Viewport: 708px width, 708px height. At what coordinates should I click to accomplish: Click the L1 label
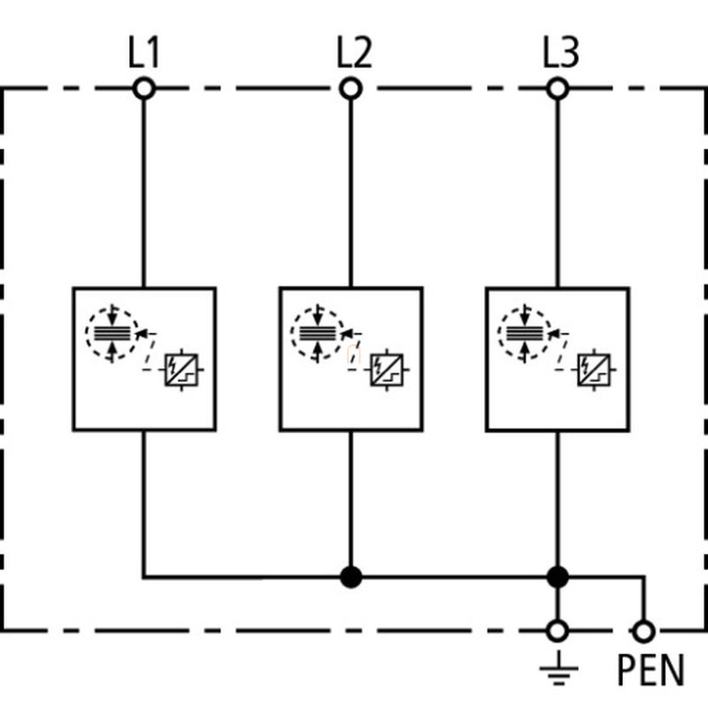click(143, 52)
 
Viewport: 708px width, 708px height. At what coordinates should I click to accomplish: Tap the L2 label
click(355, 52)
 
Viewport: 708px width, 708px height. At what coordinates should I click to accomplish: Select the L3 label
click(560, 52)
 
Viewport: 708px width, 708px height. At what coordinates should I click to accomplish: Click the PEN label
click(650, 671)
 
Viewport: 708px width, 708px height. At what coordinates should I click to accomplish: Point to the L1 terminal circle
click(144, 88)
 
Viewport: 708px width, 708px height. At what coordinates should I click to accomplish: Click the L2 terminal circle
click(350, 88)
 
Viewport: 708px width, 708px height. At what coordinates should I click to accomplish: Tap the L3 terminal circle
click(558, 88)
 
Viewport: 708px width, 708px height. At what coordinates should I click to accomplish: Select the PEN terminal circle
click(644, 631)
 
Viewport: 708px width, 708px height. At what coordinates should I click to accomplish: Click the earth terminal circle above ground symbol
click(558, 631)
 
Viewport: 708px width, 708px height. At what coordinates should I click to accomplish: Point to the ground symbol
click(558, 668)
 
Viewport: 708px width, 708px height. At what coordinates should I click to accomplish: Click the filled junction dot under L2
click(350, 577)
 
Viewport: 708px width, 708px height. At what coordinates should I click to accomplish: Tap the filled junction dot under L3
click(558, 577)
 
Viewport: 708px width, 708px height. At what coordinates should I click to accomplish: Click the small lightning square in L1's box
click(181, 370)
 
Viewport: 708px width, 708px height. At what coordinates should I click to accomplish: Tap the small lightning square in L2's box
click(387, 370)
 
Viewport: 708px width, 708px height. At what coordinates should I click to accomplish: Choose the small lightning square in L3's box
click(594, 370)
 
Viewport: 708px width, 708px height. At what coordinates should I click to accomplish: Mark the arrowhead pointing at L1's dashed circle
click(142, 335)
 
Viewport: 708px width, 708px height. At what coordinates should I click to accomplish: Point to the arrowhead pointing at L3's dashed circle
click(555, 335)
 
